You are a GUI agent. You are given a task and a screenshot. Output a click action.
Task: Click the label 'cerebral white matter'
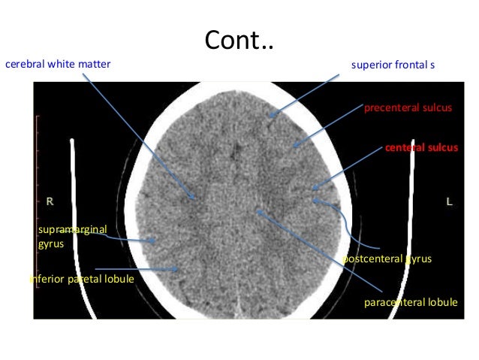click(58, 65)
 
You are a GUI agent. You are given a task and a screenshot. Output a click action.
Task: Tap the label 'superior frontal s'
click(393, 65)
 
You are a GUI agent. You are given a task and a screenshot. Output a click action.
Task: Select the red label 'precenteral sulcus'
click(408, 108)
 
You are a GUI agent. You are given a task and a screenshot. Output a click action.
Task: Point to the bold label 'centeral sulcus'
click(421, 148)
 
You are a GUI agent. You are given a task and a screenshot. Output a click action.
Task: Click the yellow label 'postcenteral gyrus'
click(387, 259)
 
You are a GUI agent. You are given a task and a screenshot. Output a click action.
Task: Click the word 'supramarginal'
click(72, 228)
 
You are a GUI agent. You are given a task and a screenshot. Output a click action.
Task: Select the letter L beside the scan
click(449, 202)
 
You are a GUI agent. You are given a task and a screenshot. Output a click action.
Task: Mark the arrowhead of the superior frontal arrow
click(271, 116)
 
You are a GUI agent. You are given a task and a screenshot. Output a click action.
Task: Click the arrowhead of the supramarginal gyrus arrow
click(155, 242)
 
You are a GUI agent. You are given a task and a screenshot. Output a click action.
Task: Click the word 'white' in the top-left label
click(62, 65)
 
